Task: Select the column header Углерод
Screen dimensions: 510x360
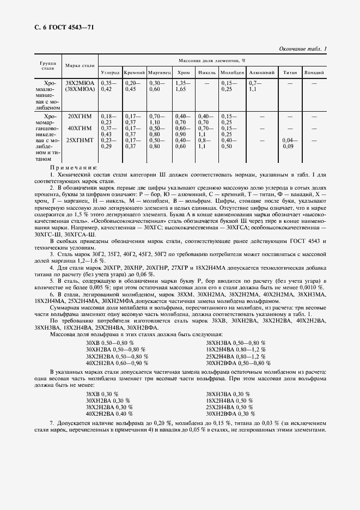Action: click(x=109, y=72)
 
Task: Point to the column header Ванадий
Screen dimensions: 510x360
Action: click(x=314, y=72)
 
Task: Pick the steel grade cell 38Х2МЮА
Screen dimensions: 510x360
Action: click(x=80, y=83)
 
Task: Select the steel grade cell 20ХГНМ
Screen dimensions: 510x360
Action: click(x=80, y=117)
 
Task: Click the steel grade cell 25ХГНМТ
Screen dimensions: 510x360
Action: click(x=80, y=140)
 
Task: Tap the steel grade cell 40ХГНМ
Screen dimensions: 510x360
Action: click(x=80, y=128)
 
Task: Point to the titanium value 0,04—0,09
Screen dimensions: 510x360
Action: click(x=288, y=143)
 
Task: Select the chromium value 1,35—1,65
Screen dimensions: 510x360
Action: click(x=182, y=86)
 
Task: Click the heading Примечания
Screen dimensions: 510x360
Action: click(x=74, y=168)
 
